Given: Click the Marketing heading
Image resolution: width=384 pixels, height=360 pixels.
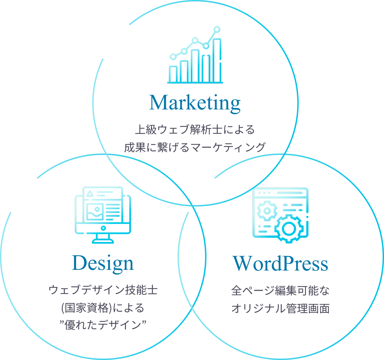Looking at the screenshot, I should pyautogui.click(x=195, y=103).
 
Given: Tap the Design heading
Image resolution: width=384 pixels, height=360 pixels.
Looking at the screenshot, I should pyautogui.click(x=103, y=263).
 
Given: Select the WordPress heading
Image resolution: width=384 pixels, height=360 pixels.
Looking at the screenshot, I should pyautogui.click(x=280, y=263).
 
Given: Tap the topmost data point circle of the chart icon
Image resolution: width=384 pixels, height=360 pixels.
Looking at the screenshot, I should pyautogui.click(x=217, y=30).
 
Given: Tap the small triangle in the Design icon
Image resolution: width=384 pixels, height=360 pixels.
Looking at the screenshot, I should pyautogui.click(x=90, y=193).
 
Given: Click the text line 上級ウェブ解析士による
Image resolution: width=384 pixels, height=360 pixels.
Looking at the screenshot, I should pyautogui.click(x=195, y=130).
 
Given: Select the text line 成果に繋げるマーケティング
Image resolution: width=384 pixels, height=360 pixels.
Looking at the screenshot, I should pyautogui.click(x=195, y=147).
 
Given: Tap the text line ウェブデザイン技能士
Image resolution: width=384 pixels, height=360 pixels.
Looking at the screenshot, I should pyautogui.click(x=103, y=290).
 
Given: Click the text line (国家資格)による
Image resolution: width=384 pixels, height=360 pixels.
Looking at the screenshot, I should pyautogui.click(x=103, y=308).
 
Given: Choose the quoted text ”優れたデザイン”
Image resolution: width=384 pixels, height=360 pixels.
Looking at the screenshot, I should pyautogui.click(x=103, y=325).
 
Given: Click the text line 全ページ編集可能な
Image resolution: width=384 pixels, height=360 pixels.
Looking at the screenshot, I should pyautogui.click(x=280, y=291).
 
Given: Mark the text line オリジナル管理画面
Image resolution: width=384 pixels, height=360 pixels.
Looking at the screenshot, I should pyautogui.click(x=280, y=308).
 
